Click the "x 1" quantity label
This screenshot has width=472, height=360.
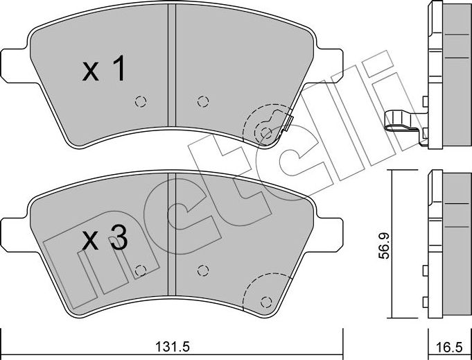click(x=103, y=71)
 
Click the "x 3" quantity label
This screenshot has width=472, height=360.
click(x=105, y=241)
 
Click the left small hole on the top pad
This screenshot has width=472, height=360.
click(x=141, y=101)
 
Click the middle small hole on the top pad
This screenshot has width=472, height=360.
click(x=202, y=101)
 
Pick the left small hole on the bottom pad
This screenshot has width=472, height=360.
click(x=141, y=269)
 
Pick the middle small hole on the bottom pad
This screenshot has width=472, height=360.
click(x=202, y=269)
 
